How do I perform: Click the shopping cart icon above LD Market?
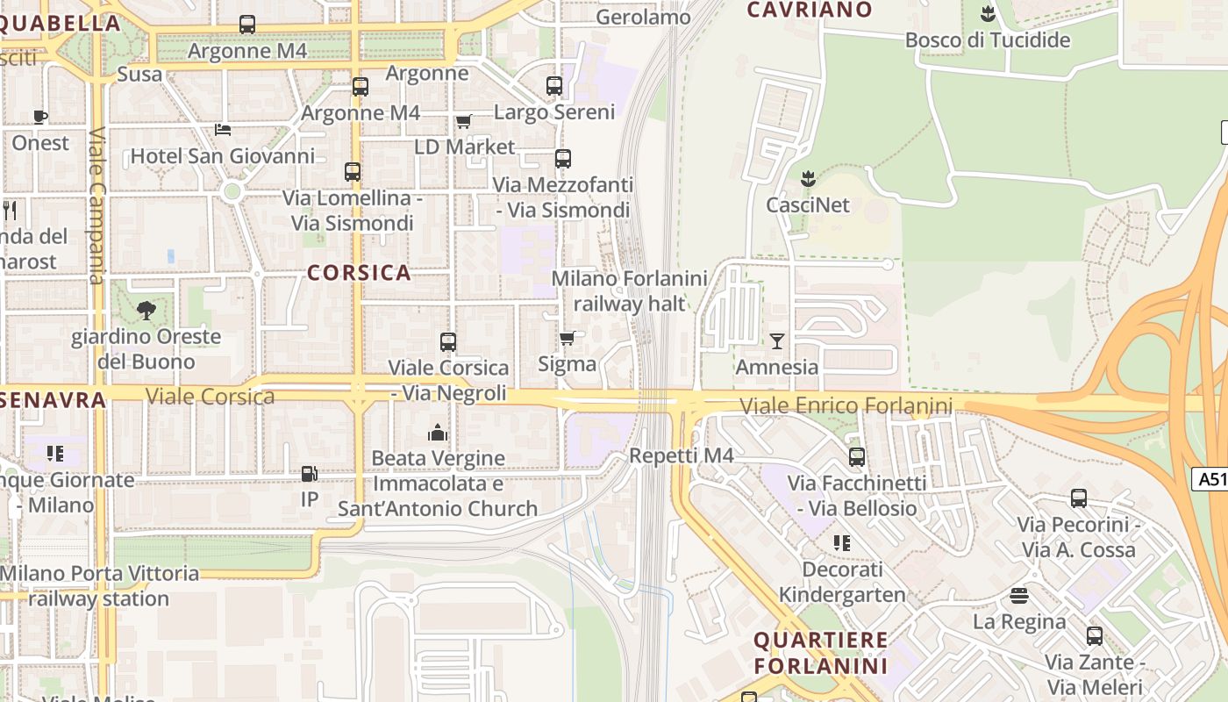(x=463, y=121)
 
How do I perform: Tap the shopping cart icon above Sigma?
(x=568, y=338)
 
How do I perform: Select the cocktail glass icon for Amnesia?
(x=776, y=340)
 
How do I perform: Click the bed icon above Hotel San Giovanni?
(x=223, y=130)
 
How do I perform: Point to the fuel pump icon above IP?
(x=309, y=474)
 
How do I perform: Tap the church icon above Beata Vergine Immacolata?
(x=437, y=432)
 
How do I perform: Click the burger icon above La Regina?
(x=1018, y=596)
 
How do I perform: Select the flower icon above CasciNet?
(x=808, y=179)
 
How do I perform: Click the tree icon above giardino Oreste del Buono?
(x=146, y=310)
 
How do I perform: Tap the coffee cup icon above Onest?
(x=40, y=117)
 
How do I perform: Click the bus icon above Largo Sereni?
(x=553, y=86)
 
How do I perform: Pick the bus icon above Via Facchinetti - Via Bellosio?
(x=856, y=457)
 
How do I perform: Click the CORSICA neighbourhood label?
(x=359, y=273)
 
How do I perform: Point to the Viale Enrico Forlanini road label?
(x=846, y=406)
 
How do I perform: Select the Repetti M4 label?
(x=681, y=455)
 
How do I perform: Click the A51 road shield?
(x=1210, y=479)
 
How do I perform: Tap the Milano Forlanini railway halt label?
(x=629, y=291)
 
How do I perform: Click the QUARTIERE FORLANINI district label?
(x=820, y=652)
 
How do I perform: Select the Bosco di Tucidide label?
(x=988, y=40)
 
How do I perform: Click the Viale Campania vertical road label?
(x=96, y=207)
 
